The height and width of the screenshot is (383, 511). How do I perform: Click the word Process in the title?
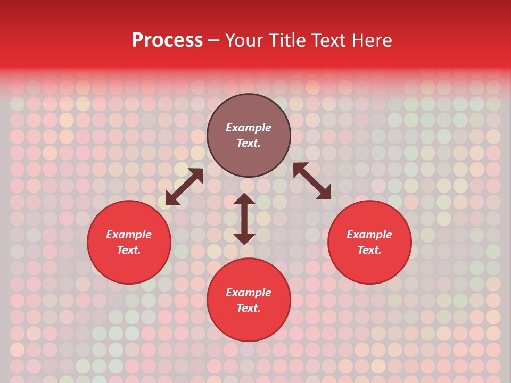(167, 40)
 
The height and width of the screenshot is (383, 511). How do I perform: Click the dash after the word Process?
(214, 41)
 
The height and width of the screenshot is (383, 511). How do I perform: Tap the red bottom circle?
(249, 324)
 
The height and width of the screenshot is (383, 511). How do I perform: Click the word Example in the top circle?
(249, 128)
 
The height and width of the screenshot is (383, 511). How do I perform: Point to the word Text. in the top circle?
(249, 143)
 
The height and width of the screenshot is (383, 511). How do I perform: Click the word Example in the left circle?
(129, 235)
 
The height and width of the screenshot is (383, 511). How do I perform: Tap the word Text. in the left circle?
(129, 250)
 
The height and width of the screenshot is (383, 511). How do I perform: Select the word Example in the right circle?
(369, 235)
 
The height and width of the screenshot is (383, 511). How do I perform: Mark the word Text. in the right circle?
(369, 250)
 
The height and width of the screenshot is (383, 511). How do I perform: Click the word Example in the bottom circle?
(249, 293)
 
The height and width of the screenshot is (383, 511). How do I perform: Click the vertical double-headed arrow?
(244, 219)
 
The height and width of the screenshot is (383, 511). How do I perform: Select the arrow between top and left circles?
(185, 187)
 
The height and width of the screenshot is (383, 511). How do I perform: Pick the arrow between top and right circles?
(312, 181)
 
